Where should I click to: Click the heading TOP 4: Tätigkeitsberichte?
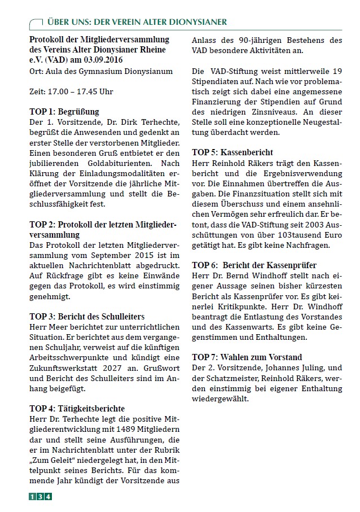(x=77, y=408)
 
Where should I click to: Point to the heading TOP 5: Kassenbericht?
(x=232, y=152)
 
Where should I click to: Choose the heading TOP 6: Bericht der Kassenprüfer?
(x=254, y=265)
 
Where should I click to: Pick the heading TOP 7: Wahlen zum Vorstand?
(x=247, y=357)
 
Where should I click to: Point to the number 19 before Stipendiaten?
(x=336, y=72)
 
